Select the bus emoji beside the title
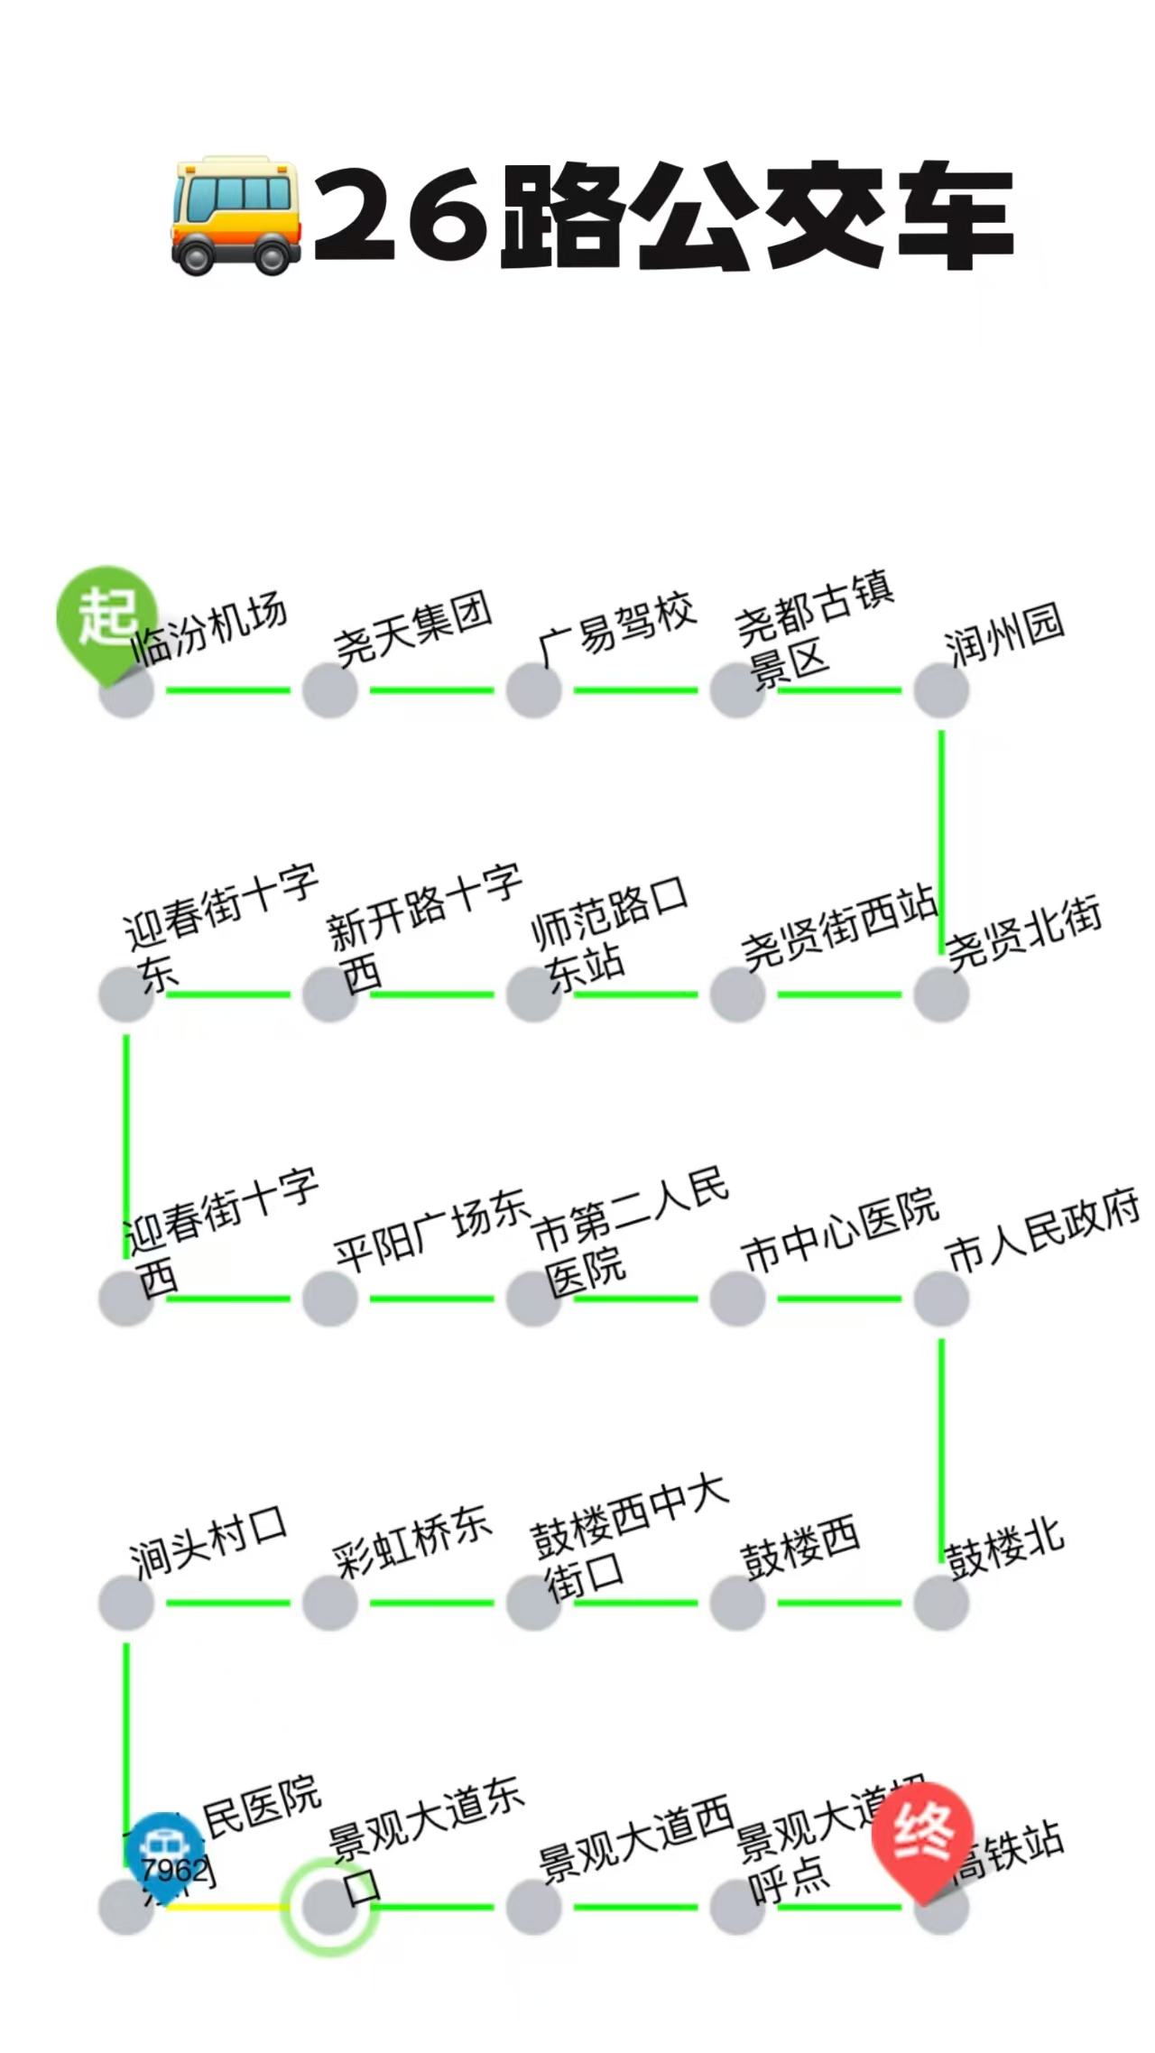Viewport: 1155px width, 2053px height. click(235, 215)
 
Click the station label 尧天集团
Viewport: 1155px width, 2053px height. click(413, 628)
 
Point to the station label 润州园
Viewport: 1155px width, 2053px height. click(1003, 635)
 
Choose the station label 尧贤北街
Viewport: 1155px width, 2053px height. click(1024, 933)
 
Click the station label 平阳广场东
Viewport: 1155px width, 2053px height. click(431, 1229)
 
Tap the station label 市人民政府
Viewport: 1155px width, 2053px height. click(1042, 1231)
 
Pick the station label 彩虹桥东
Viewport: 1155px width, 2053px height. click(411, 1541)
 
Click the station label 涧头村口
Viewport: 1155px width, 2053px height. click(208, 1541)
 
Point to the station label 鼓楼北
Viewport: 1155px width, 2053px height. click(1003, 1549)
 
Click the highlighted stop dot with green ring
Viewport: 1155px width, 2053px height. click(329, 1907)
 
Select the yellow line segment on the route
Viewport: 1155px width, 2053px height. click(226, 1907)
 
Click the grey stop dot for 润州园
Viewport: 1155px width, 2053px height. click(941, 690)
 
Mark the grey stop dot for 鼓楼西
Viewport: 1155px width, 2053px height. click(737, 1603)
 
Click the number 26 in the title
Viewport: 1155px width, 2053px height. click(402, 215)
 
